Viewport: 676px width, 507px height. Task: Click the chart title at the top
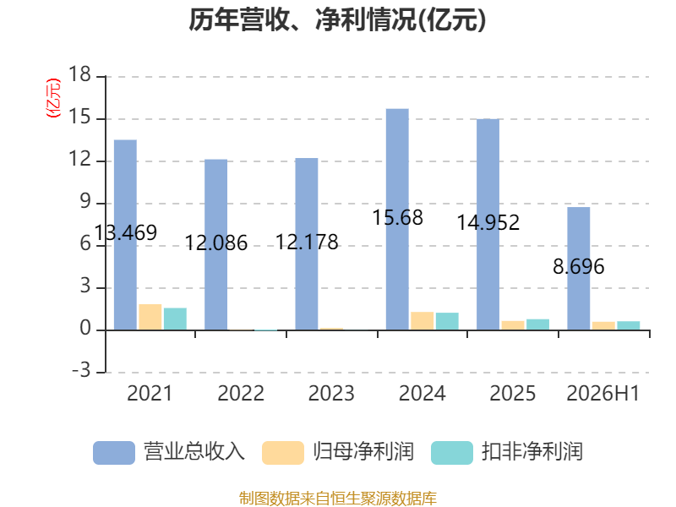[x=337, y=19]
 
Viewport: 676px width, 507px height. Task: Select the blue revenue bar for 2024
[x=397, y=220]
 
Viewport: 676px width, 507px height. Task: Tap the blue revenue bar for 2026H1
[x=578, y=269]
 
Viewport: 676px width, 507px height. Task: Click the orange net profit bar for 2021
[x=150, y=318]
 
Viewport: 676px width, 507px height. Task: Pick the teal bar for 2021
[x=175, y=319]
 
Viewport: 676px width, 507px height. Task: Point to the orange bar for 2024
[x=422, y=321]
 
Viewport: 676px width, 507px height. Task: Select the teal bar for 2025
[x=537, y=324]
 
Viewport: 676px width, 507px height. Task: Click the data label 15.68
[x=397, y=217]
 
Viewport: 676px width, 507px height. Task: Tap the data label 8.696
[x=579, y=266]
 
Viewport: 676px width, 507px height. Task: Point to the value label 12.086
[x=216, y=243]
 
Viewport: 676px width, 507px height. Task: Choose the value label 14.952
[x=488, y=222]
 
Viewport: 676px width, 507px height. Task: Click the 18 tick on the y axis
[x=79, y=74]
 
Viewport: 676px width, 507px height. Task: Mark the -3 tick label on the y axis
[x=81, y=370]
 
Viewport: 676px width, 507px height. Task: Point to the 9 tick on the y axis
[x=85, y=201]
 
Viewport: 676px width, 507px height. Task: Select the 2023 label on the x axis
[x=331, y=393]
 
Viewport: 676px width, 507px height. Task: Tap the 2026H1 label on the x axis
[x=602, y=393]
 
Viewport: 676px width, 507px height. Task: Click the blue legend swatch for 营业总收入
[x=114, y=453]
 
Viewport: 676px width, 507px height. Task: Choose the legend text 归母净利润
[x=363, y=452]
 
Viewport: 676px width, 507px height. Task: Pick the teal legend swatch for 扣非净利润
[x=452, y=453]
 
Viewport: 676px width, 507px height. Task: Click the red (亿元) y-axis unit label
[x=53, y=98]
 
